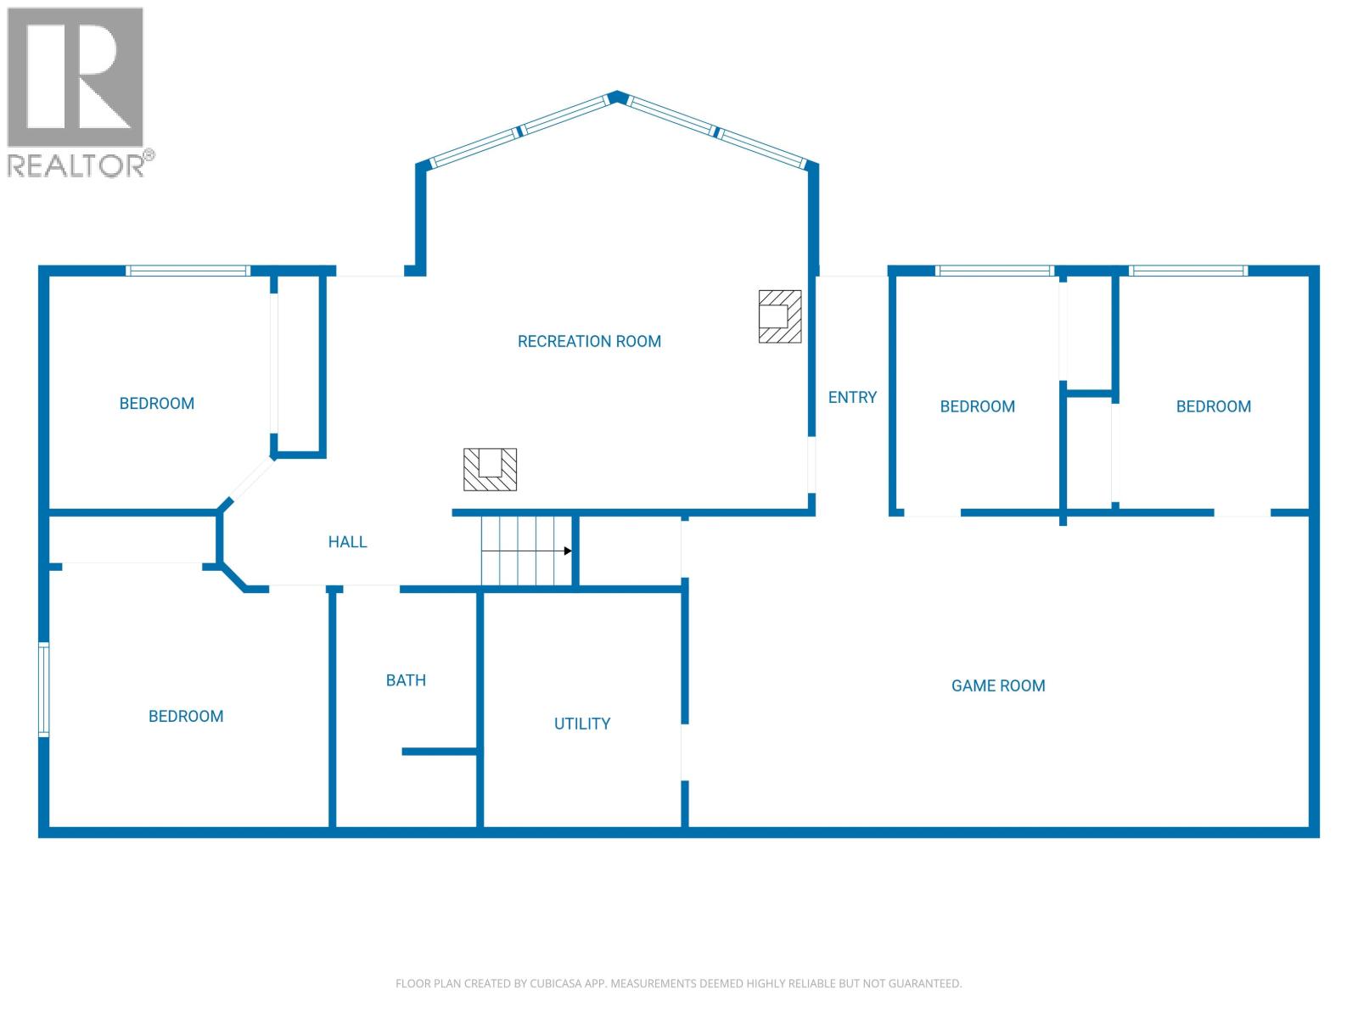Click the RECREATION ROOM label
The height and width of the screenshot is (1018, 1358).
589,341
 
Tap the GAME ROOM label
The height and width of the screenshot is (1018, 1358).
998,685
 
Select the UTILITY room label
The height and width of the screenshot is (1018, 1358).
582,724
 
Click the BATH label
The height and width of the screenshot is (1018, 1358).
406,680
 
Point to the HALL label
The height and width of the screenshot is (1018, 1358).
347,541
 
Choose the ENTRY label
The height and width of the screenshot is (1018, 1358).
852,397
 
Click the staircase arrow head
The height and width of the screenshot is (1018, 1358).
568,551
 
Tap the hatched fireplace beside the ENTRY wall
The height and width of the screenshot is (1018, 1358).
779,316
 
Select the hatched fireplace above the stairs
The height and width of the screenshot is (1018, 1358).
490,469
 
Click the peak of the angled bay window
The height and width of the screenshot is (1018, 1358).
617,96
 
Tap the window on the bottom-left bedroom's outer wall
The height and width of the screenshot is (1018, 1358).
43,689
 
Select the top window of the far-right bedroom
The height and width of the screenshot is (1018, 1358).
1187,271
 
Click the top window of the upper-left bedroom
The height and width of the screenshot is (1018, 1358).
188,271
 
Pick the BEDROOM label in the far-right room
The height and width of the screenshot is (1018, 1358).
1213,406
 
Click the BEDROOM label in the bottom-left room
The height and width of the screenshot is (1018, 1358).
186,716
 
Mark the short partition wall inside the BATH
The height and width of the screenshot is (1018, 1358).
439,752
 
